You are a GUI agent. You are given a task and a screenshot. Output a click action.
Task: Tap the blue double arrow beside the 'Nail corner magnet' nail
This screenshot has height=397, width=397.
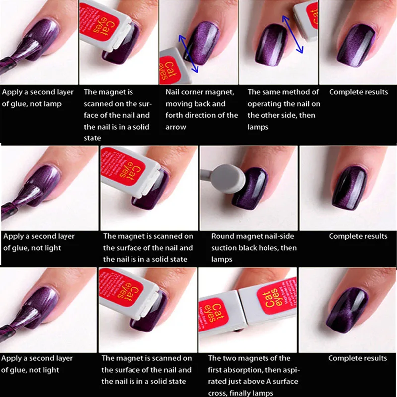(188, 54)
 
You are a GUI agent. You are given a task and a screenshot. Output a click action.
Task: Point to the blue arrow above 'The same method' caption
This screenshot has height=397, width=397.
(292, 34)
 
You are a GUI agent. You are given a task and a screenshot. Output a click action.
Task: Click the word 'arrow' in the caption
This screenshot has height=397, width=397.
(176, 127)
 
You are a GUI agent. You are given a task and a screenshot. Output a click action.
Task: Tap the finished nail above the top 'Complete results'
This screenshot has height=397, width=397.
(356, 46)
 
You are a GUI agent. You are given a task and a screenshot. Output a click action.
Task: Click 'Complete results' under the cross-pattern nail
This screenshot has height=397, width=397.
(357, 358)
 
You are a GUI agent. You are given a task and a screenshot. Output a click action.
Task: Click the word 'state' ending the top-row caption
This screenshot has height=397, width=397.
(92, 138)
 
